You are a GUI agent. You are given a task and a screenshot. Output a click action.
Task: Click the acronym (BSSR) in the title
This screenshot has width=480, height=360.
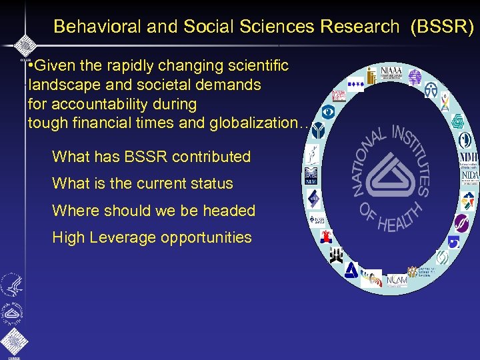(443, 27)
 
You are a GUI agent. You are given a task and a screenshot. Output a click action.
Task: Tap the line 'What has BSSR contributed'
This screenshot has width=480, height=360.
(151, 157)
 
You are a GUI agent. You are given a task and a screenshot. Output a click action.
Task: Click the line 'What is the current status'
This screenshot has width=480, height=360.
(143, 184)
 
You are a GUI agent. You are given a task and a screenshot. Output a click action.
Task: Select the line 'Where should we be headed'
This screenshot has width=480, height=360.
(154, 211)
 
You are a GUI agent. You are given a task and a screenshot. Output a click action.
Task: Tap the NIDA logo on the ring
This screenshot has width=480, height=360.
(469, 175)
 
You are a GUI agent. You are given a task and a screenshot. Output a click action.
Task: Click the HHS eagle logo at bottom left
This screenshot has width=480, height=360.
(11, 285)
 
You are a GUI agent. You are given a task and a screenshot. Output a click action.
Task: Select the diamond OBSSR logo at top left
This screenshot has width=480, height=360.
(25, 45)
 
